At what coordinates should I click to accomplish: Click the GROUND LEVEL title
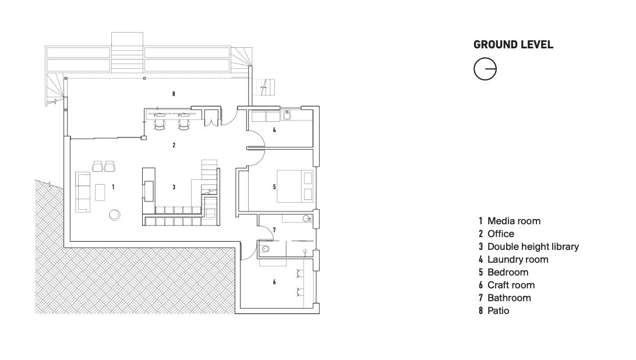(x=513, y=45)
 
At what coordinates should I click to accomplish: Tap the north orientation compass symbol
(x=485, y=69)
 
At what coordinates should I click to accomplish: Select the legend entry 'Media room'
(x=510, y=221)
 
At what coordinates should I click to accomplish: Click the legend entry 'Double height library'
(x=528, y=246)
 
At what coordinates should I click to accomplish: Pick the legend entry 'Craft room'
(x=507, y=285)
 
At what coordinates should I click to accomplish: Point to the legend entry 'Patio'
(x=494, y=310)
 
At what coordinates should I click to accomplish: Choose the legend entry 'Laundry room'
(x=513, y=259)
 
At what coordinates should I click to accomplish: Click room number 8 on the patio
(x=174, y=94)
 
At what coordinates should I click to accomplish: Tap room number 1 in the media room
(x=113, y=187)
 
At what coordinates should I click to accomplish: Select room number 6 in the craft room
(x=274, y=282)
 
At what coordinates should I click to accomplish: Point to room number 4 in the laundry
(x=274, y=130)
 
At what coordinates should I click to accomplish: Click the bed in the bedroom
(x=295, y=186)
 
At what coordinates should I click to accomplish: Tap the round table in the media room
(x=114, y=215)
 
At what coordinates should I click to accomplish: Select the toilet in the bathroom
(x=265, y=249)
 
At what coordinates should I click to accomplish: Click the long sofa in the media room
(x=83, y=192)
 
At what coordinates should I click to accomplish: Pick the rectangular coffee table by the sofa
(x=100, y=192)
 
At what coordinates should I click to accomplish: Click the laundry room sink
(x=287, y=115)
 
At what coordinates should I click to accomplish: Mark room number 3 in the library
(x=174, y=187)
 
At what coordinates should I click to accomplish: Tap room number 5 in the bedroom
(x=274, y=187)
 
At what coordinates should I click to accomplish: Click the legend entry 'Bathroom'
(x=504, y=298)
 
